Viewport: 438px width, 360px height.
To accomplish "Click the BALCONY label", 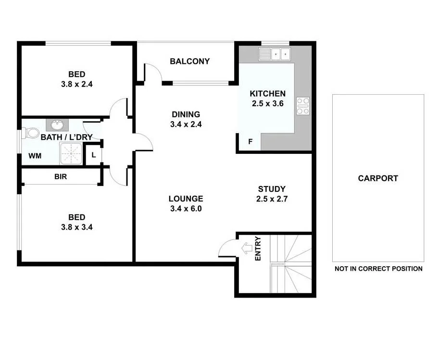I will click(x=190, y=61).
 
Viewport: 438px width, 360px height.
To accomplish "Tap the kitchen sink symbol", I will click(x=275, y=54).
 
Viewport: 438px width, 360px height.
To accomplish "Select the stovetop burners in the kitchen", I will click(x=303, y=106).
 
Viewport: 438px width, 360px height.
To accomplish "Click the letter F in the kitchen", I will click(x=250, y=142).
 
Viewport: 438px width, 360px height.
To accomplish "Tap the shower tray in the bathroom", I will click(x=72, y=154).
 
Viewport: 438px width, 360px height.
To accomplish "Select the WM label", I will click(x=34, y=156).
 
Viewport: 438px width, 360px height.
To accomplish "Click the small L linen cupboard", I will click(x=94, y=155).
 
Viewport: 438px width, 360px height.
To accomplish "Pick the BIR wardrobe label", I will click(x=61, y=176).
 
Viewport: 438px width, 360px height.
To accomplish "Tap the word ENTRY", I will click(x=258, y=249).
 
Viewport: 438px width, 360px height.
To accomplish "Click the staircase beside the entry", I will click(x=291, y=264).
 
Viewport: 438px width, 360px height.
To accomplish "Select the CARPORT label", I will click(x=378, y=178).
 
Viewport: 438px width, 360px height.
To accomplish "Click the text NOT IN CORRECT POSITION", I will click(x=378, y=269).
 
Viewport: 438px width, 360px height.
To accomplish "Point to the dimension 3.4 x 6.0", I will click(x=186, y=209).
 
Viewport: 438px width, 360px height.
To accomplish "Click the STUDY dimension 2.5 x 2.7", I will click(x=272, y=199).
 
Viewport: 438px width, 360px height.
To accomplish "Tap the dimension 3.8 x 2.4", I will click(x=77, y=84).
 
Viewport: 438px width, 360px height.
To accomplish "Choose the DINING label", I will click(x=186, y=114).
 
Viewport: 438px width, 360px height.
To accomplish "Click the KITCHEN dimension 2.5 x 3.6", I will click(x=268, y=103).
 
